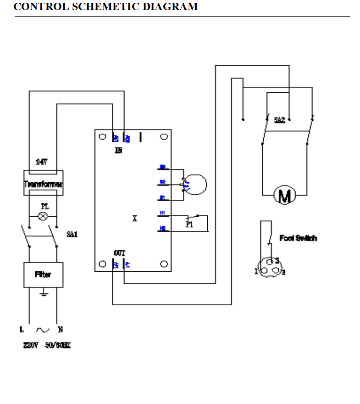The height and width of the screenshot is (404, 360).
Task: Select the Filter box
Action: [x=43, y=275]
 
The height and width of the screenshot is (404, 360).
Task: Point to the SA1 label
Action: [x=72, y=234]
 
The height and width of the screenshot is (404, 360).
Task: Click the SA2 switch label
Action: [x=279, y=120]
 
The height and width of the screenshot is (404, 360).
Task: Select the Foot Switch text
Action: [x=298, y=238]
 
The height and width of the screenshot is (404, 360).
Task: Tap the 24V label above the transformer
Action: [x=42, y=162]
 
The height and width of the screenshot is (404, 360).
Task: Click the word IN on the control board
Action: [x=118, y=150]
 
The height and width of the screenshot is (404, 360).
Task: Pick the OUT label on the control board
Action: [x=119, y=253]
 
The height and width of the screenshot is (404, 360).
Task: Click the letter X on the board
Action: [x=135, y=219]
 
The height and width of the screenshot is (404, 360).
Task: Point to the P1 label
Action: [x=189, y=224]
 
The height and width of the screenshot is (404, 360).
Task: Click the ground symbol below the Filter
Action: [x=43, y=292]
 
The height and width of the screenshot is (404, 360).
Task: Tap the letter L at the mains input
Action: [x=22, y=329]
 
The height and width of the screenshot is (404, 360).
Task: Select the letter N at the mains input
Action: [x=60, y=329]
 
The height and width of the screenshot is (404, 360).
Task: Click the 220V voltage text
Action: [x=31, y=345]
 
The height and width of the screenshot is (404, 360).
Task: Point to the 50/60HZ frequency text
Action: [x=58, y=345]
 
